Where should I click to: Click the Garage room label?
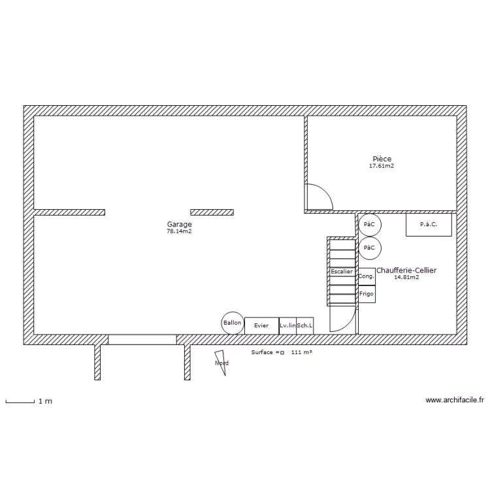pyautogui.click(x=179, y=224)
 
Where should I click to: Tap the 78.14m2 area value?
pyautogui.click(x=179, y=231)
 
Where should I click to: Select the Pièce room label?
pyautogui.click(x=382, y=159)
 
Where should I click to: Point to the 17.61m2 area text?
pyautogui.click(x=382, y=166)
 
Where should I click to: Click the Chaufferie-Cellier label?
pyautogui.click(x=406, y=270)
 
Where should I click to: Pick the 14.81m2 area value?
pyautogui.click(x=406, y=277)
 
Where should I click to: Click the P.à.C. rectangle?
pyautogui.click(x=429, y=225)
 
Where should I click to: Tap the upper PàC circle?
pyautogui.click(x=369, y=225)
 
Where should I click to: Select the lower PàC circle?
pyautogui.click(x=369, y=248)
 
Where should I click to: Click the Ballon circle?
pyautogui.click(x=232, y=323)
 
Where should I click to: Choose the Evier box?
pyautogui.click(x=261, y=325)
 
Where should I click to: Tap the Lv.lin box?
pyautogui.click(x=287, y=325)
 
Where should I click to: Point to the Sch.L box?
pyautogui.click(x=305, y=325)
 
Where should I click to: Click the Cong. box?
pyautogui.click(x=367, y=276)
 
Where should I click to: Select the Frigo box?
pyautogui.click(x=367, y=294)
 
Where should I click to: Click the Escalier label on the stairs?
pyautogui.click(x=341, y=271)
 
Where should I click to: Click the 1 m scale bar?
pyautogui.click(x=20, y=402)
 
